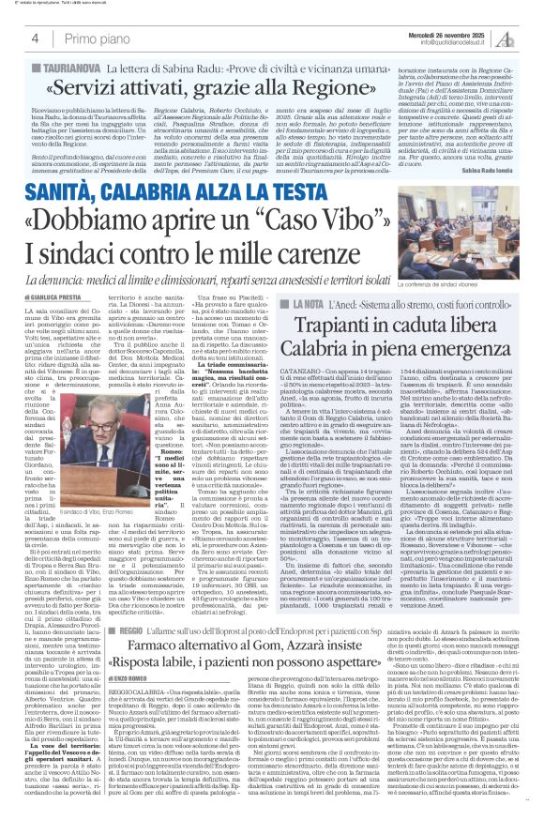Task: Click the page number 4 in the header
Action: pyautogui.click(x=22, y=37)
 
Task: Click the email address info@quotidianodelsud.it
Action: pyautogui.click(x=449, y=42)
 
